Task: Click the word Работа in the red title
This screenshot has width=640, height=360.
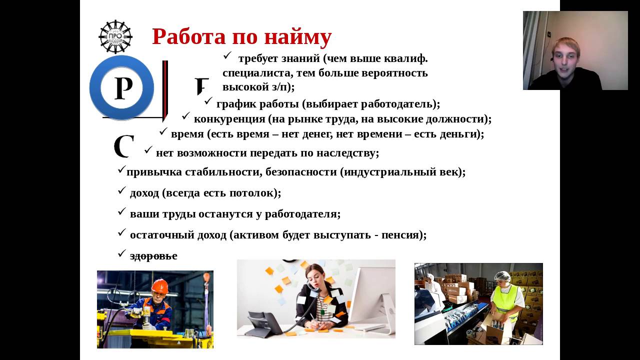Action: pyautogui.click(x=189, y=36)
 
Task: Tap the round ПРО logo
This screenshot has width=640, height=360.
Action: pyautogui.click(x=115, y=37)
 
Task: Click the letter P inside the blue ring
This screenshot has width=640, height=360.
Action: pyautogui.click(x=123, y=88)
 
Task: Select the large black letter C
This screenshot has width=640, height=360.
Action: pyautogui.click(x=124, y=146)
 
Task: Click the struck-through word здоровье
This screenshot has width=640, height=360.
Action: pyautogui.click(x=153, y=255)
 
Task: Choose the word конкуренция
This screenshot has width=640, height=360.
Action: pyautogui.click(x=229, y=119)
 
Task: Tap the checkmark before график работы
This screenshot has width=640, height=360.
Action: pyautogui.click(x=208, y=101)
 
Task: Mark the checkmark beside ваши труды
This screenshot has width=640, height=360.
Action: pyautogui.click(x=121, y=211)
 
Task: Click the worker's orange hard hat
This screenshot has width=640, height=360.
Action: pyautogui.click(x=159, y=285)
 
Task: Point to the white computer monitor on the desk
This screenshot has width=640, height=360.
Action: pyautogui.click(x=371, y=297)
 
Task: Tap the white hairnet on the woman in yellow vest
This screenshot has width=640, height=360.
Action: pyautogui.click(x=502, y=276)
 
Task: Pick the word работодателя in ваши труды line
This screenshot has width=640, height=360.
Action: pyautogui.click(x=302, y=214)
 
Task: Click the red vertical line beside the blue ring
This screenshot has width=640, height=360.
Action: pyautogui.click(x=164, y=90)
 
